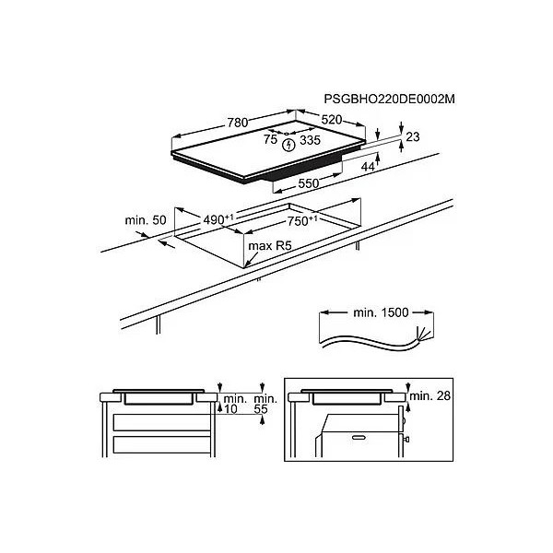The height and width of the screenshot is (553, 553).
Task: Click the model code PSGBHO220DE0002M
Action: tap(389, 100)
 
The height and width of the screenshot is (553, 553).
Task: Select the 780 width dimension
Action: tap(238, 123)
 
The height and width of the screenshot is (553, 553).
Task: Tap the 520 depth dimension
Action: tap(332, 120)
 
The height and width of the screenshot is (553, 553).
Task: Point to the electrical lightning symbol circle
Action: tap(288, 145)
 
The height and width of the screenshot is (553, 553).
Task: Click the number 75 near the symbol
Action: tap(270, 139)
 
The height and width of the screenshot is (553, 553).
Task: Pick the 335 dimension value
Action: tap(310, 140)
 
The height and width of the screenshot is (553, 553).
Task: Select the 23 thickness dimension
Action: tap(413, 136)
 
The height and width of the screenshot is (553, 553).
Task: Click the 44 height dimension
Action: tap(368, 167)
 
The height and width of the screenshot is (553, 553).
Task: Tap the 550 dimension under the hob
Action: tap(308, 183)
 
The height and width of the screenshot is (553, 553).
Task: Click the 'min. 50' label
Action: tap(146, 220)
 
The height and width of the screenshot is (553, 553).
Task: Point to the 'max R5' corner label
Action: tap(270, 245)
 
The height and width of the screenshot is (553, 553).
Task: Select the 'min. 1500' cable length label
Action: tap(381, 312)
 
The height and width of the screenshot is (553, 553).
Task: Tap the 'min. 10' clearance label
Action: tap(235, 405)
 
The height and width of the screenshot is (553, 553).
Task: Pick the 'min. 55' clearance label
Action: tap(265, 405)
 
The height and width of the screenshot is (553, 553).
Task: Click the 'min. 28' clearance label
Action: tap(429, 395)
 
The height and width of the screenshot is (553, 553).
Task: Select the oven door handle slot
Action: tap(359, 438)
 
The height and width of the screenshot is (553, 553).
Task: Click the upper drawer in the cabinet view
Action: tap(162, 422)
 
